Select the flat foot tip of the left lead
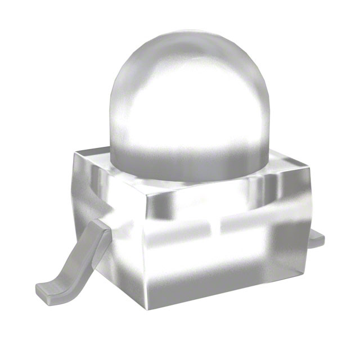[48, 290]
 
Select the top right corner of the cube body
[309, 164]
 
